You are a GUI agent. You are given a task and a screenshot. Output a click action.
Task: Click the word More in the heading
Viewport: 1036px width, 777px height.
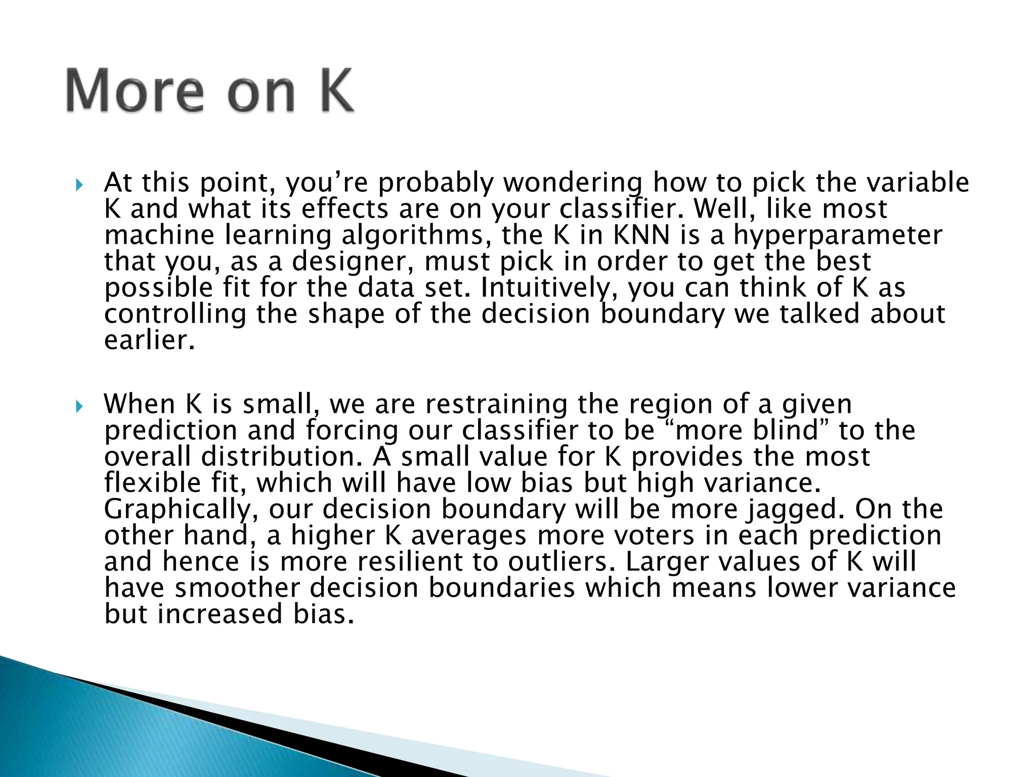[135, 92]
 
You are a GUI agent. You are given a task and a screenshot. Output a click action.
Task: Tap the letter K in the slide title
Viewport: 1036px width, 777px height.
[331, 92]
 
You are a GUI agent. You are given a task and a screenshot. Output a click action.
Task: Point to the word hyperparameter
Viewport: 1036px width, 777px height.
[838, 236]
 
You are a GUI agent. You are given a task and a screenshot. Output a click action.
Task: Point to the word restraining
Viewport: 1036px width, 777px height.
[497, 404]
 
